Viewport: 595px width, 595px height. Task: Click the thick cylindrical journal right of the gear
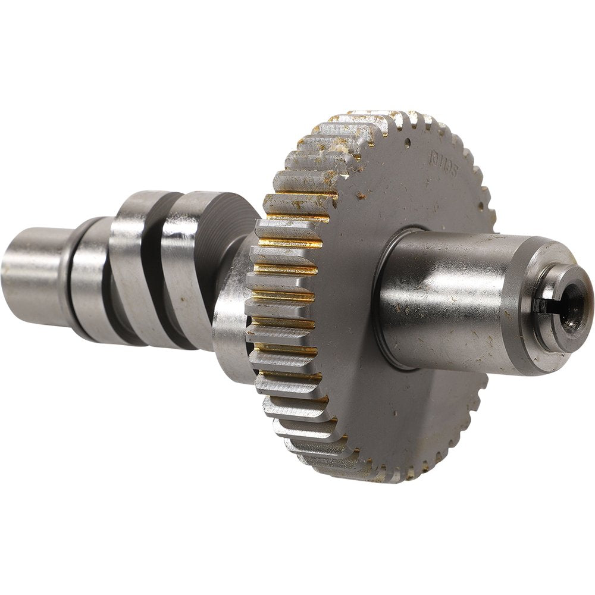452,297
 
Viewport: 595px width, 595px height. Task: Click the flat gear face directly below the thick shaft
416,416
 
